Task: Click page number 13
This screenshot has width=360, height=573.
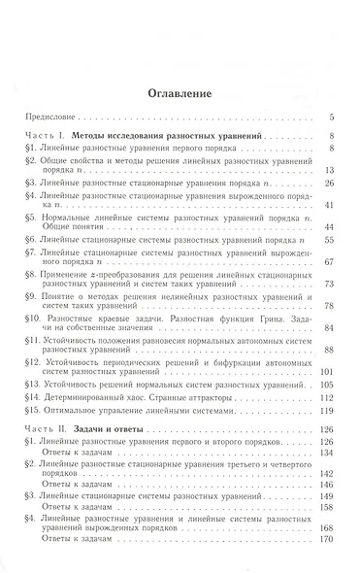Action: click(x=330, y=171)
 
